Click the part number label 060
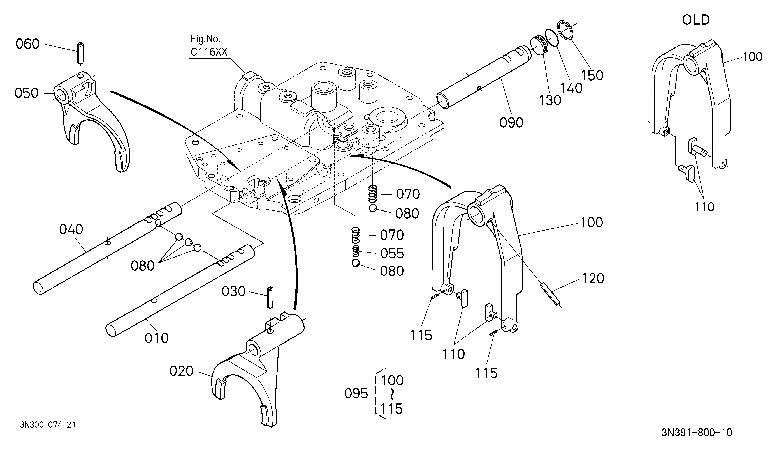pos(28,44)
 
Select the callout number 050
pos(27,93)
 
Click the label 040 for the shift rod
pos(71,229)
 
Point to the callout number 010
pos(157,338)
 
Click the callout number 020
pos(182,371)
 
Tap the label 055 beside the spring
pos(392,254)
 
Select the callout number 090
pos(511,123)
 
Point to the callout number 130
pos(550,100)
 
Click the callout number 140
pos(571,88)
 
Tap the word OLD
pos(696,20)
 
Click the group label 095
pos(356,393)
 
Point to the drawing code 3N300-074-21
pos(48,425)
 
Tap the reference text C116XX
pos(209,52)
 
